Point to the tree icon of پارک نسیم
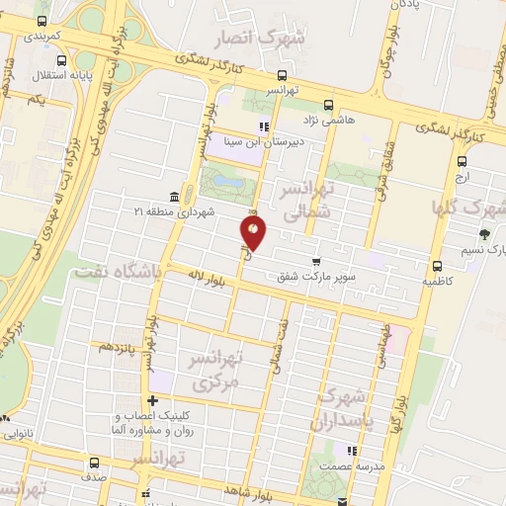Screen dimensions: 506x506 483,234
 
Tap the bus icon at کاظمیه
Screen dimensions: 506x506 437,265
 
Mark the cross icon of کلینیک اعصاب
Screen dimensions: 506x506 152,400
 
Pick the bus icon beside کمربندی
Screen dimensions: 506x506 41,21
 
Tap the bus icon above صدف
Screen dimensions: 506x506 94,463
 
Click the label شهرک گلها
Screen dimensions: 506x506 466,209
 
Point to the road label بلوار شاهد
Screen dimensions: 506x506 248,491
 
